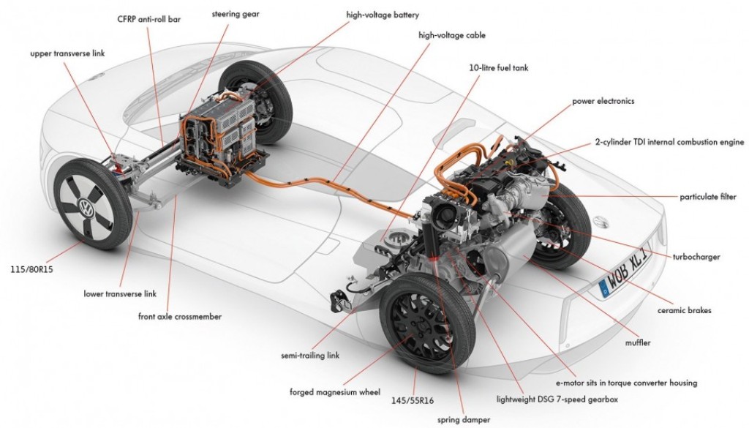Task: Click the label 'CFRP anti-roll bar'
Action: (x=148, y=18)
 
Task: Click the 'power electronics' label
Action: (x=604, y=101)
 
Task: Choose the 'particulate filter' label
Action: (x=709, y=198)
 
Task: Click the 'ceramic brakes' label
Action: (x=685, y=310)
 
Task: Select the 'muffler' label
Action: (x=638, y=342)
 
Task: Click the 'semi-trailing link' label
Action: (x=310, y=356)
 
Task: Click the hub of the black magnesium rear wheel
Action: (x=414, y=326)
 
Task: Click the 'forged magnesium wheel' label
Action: (x=335, y=392)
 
